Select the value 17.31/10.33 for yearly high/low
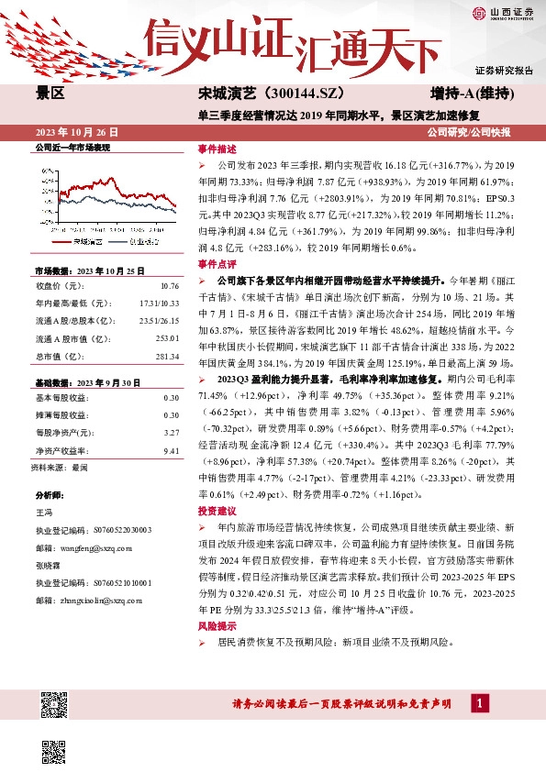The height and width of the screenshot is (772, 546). click(159, 303)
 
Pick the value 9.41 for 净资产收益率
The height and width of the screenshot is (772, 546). click(172, 451)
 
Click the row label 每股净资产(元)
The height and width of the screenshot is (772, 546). click(64, 432)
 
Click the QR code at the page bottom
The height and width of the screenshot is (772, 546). click(54, 704)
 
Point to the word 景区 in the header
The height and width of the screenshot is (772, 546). click(50, 94)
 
